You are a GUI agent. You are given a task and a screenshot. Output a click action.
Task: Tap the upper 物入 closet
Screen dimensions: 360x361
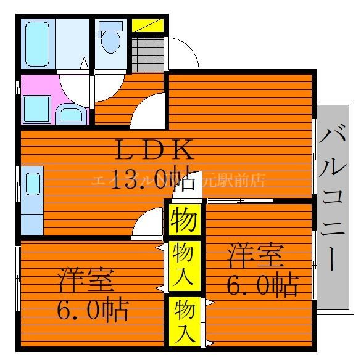tap(184, 264)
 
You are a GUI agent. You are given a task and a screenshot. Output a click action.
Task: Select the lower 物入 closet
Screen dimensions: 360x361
tap(184, 319)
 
